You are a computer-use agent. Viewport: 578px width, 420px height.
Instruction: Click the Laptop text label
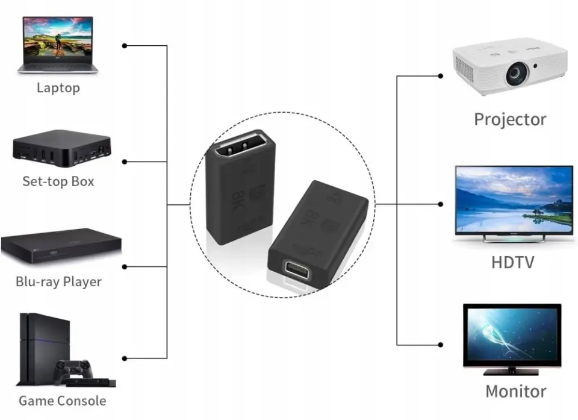(x=58, y=88)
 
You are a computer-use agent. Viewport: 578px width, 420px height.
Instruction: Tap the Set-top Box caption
(x=58, y=181)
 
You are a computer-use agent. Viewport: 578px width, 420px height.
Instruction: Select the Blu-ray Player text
(x=58, y=281)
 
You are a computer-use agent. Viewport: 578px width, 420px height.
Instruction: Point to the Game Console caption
(x=62, y=401)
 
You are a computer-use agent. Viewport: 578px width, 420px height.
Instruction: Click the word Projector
(x=510, y=119)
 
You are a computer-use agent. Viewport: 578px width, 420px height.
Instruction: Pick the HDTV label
(x=512, y=262)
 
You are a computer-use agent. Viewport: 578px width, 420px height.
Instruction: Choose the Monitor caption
(x=516, y=391)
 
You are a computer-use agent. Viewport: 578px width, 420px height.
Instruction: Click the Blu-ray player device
(x=61, y=246)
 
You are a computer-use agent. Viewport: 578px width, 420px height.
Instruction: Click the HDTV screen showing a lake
(x=513, y=199)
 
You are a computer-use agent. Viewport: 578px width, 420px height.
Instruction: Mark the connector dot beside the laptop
(x=125, y=46)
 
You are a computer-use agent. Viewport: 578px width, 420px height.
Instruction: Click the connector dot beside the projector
(x=441, y=76)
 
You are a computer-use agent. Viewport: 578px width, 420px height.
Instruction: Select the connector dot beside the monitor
(x=441, y=345)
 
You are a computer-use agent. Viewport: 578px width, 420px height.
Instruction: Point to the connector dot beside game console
(x=125, y=358)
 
